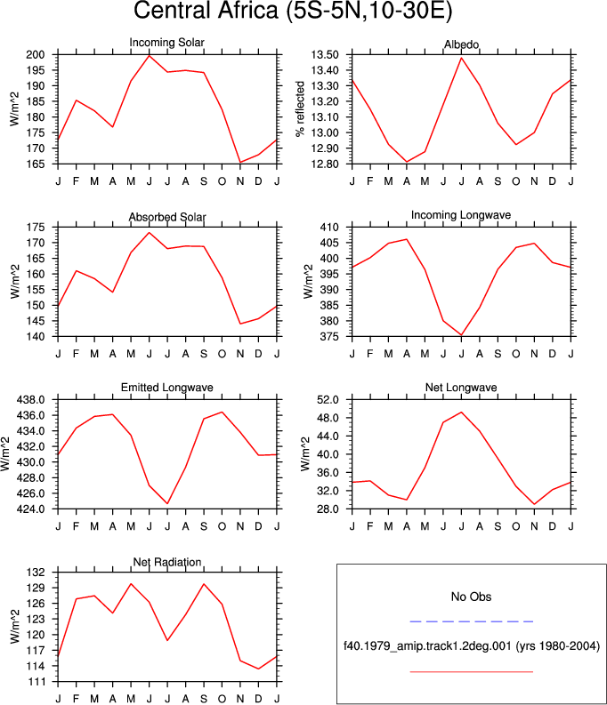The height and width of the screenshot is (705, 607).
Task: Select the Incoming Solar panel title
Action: (x=167, y=43)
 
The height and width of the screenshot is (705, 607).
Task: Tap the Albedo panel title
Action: (x=461, y=44)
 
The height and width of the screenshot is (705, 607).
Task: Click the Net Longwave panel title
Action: (x=461, y=388)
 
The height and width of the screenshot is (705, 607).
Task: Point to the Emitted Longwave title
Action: (x=167, y=388)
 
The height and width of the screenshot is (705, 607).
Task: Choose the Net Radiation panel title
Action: (x=167, y=562)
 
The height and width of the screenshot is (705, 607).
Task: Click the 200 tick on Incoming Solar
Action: (x=36, y=55)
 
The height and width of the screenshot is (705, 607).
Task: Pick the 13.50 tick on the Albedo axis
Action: (x=324, y=55)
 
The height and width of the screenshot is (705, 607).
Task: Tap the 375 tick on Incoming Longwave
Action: (x=329, y=337)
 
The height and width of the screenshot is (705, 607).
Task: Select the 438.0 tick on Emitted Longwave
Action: (x=30, y=400)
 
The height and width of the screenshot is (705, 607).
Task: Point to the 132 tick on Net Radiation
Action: (x=36, y=573)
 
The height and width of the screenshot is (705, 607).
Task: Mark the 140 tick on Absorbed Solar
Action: (x=36, y=337)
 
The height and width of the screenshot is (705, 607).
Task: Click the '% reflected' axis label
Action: (x=300, y=108)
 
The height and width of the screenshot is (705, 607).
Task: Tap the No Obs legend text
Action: (x=471, y=597)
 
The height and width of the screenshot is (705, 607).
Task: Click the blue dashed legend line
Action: (x=471, y=621)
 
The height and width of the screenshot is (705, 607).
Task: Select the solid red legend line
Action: (x=471, y=672)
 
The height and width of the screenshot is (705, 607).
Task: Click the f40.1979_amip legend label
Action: (x=472, y=646)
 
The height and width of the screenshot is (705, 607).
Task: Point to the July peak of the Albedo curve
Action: (x=461, y=58)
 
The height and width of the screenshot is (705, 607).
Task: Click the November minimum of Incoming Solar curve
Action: (x=240, y=163)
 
